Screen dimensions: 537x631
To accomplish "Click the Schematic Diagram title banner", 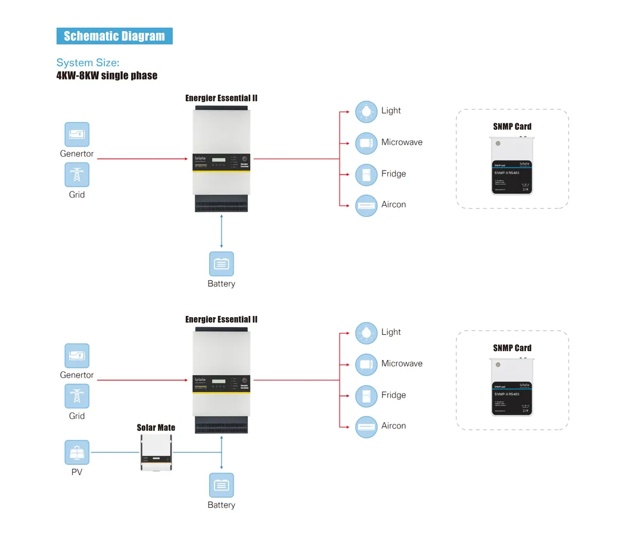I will pos(114,36).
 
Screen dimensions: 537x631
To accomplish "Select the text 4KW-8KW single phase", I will pos(107,76).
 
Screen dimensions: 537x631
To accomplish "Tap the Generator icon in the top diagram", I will pos(77,134).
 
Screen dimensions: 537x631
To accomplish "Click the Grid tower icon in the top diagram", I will pos(77,175).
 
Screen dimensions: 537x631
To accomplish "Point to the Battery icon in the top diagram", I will pos(221,263).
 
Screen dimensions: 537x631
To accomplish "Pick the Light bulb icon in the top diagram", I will pos(366,111).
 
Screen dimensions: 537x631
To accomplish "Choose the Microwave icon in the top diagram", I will pos(366,143).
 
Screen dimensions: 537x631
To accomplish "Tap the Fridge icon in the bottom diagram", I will pos(366,396).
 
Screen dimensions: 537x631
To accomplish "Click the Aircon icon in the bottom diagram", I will pos(366,427).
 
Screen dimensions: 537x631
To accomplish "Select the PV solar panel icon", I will pos(77,452).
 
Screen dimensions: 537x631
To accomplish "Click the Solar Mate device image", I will pos(157,452).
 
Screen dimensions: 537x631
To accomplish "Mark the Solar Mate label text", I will pos(156,427).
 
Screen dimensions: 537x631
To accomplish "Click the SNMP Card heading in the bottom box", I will pos(512,348).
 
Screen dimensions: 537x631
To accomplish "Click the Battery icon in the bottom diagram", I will pos(221,485).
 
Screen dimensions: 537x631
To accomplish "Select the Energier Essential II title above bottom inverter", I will pos(221,319).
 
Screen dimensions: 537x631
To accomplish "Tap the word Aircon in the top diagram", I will pos(393,204).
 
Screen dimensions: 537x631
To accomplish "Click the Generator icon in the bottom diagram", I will pos(77,355).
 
